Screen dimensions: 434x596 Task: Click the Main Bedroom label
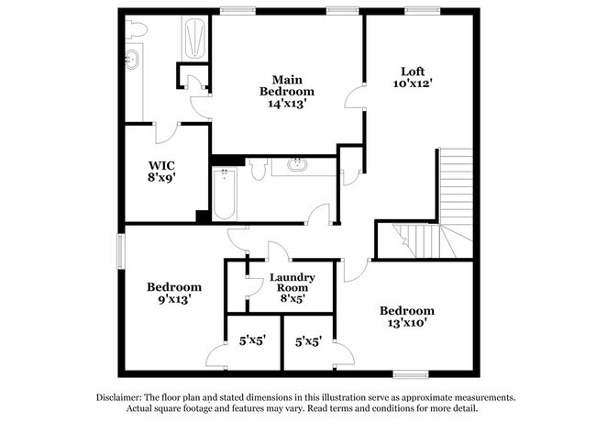click(x=287, y=85)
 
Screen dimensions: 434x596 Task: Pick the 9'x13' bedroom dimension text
click(x=174, y=299)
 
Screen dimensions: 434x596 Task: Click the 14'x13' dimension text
click(x=287, y=104)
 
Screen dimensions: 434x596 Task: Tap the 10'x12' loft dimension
click(x=412, y=83)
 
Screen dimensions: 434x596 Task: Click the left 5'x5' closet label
click(x=252, y=339)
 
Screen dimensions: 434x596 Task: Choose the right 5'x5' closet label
click(x=307, y=340)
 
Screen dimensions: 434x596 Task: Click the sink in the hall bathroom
click(x=296, y=166)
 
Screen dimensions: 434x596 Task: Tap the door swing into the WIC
click(x=165, y=133)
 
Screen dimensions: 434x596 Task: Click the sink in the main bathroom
click(x=135, y=61)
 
